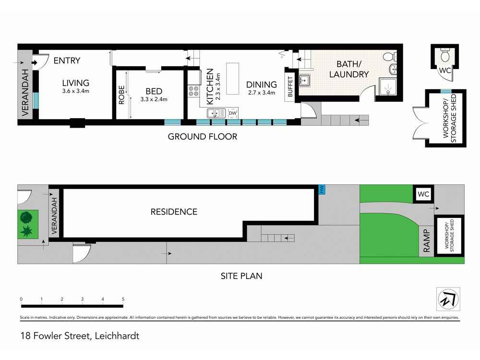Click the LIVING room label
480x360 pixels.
click(x=76, y=83)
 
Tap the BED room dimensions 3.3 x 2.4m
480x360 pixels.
click(x=154, y=99)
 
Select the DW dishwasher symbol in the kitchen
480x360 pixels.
click(x=233, y=113)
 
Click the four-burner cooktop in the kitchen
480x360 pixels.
click(x=193, y=91)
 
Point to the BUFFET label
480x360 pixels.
click(x=290, y=86)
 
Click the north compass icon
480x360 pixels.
click(x=448, y=299)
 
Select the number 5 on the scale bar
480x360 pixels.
click(x=123, y=299)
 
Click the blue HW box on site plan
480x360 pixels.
click(x=322, y=189)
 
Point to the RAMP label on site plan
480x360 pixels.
click(x=426, y=240)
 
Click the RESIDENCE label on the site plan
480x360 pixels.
click(x=174, y=212)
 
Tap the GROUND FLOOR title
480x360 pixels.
click(x=203, y=136)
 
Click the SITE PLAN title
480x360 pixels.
click(x=241, y=276)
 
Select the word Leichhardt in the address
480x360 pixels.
click(x=117, y=336)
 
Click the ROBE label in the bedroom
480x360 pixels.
click(x=121, y=95)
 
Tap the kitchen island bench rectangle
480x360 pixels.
click(x=233, y=79)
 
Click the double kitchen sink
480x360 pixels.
click(x=216, y=113)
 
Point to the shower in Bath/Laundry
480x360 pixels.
click(x=388, y=86)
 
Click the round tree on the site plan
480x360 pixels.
click(x=26, y=217)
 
